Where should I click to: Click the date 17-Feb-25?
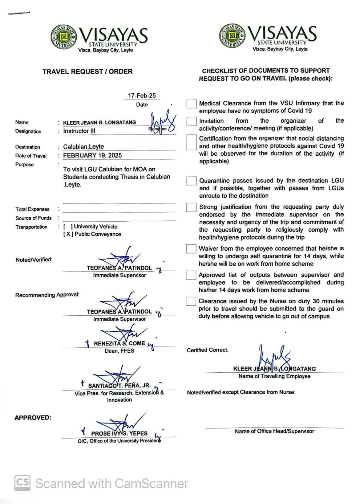142,96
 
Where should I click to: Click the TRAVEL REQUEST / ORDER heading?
87,72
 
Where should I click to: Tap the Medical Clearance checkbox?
192,104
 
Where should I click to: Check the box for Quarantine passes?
191,181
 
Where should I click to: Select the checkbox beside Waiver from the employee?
191,249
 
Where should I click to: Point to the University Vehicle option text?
95,227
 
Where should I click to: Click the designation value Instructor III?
79,131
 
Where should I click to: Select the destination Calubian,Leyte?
83,147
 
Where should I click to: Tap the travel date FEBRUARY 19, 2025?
92,155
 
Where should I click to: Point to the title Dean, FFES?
119,351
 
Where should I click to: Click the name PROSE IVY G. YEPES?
119,433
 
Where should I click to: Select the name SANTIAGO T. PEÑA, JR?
119,386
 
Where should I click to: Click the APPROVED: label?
33,418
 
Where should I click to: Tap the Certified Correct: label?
208,350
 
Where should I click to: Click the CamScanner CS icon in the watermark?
22,483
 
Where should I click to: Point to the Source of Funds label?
34,218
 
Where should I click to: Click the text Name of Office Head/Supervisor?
274,431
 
